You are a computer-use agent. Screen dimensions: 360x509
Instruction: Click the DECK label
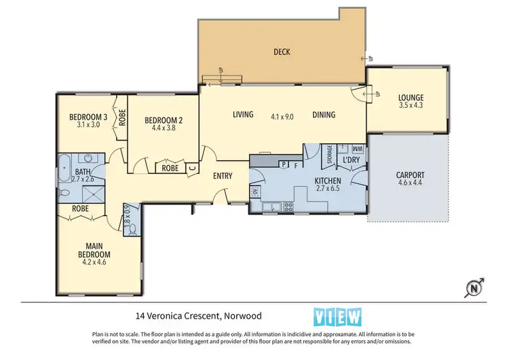(282, 52)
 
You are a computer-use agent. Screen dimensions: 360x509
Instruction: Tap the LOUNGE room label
(411, 96)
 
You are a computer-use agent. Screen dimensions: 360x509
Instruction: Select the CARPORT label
(410, 175)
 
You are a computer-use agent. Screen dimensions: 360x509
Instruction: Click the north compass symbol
(474, 287)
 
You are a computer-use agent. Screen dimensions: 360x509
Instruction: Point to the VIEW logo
(338, 317)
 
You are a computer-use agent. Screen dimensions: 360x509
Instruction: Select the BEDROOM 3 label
(88, 116)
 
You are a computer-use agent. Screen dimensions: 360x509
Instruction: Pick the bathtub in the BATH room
(66, 168)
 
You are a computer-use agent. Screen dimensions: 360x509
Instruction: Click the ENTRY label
(223, 176)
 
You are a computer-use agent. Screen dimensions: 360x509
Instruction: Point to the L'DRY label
(351, 160)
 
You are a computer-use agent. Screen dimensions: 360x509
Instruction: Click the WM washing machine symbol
(357, 149)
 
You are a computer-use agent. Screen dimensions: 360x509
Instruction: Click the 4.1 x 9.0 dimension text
(282, 116)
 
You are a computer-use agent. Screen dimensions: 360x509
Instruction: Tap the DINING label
(324, 115)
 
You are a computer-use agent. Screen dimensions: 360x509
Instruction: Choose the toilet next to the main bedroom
(132, 228)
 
